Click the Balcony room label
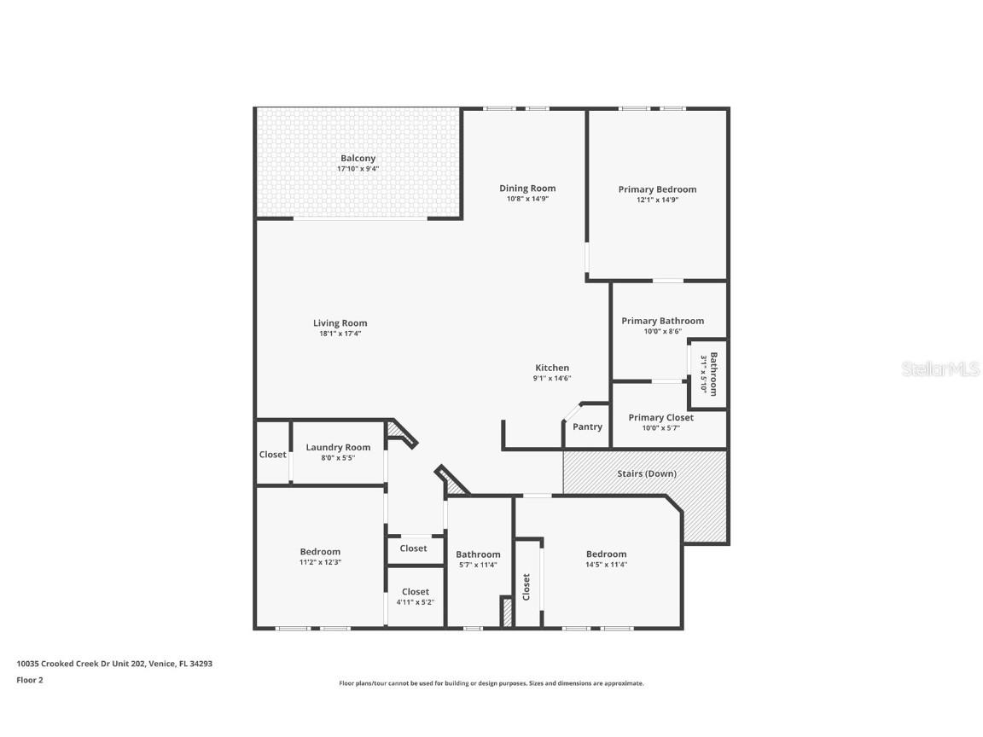tap(358, 159)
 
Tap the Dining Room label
tap(527, 189)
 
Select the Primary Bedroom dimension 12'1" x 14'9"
tap(657, 200)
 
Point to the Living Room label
tap(340, 323)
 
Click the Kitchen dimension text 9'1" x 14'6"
tap(551, 378)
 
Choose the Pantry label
tap(587, 427)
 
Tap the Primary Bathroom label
tap(662, 321)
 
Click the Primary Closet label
tap(660, 418)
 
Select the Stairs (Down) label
tap(646, 473)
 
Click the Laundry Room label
tap(338, 447)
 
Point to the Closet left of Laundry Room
tap(272, 455)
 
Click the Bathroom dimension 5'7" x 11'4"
tap(478, 565)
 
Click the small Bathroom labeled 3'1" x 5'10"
tap(709, 373)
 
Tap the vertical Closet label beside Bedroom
tap(526, 587)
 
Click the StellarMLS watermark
tap(942, 369)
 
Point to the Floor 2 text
tap(29, 680)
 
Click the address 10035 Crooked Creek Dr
tap(81, 663)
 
